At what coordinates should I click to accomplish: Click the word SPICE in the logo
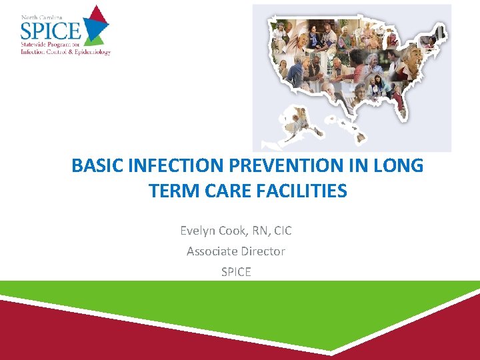click(50, 29)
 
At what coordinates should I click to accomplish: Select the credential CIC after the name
click(281, 231)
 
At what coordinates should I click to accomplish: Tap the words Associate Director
click(236, 251)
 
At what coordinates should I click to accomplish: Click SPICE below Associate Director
click(236, 272)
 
